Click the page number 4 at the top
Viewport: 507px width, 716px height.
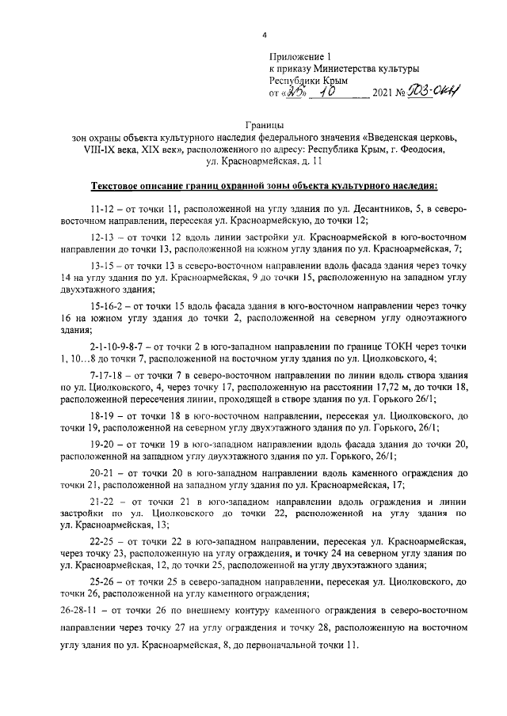[x=265, y=35]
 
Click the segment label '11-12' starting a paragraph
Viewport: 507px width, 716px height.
[x=103, y=209]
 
